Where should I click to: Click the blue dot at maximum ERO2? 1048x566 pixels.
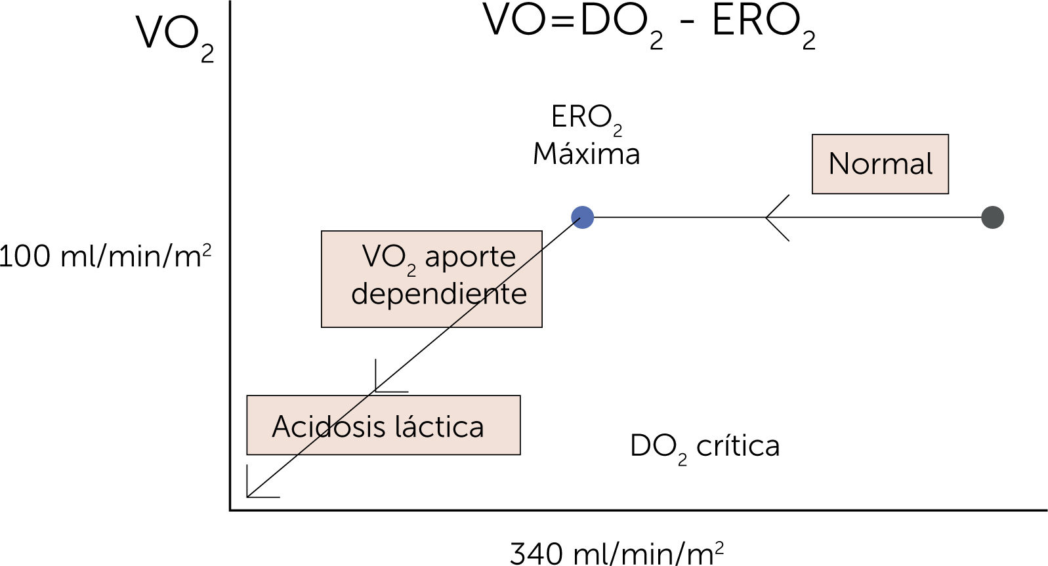pos(582,217)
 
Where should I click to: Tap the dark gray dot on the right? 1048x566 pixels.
pos(992,217)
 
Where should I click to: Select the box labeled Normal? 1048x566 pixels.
pos(879,164)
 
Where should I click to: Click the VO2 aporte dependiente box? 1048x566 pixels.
pos(431,279)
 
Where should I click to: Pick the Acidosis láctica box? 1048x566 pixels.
pos(383,425)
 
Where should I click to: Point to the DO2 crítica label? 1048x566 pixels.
pos(704,447)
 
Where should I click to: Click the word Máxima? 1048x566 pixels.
pos(586,154)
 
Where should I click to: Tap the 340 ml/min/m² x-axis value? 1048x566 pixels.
pos(616,553)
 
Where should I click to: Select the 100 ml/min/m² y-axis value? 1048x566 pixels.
pos(105,256)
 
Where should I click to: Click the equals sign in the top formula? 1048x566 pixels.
pos(562,21)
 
